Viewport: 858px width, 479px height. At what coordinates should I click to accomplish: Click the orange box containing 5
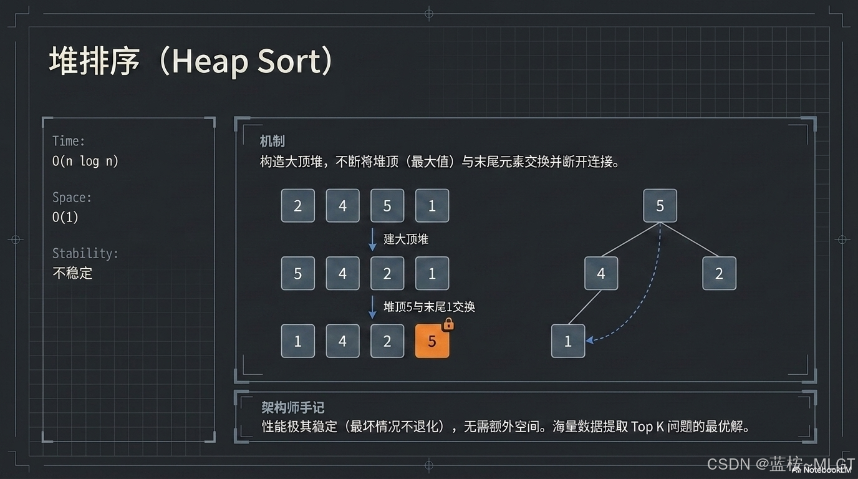[431, 341]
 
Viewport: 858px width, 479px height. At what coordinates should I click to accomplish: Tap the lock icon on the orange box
[448, 324]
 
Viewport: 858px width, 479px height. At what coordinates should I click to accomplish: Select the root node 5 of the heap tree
[660, 206]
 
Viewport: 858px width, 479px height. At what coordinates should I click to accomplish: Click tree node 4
[600, 273]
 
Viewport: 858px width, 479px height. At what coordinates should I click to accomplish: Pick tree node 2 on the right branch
[719, 273]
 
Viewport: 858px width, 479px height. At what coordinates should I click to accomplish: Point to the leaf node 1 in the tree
[567, 341]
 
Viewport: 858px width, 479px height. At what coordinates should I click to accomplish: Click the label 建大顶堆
[406, 239]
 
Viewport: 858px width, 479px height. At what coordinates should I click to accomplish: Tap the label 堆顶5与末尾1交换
[429, 307]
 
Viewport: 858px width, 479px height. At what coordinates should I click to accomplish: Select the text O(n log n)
[85, 161]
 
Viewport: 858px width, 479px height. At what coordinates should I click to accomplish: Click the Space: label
[72, 197]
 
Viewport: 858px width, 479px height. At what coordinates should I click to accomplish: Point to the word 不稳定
[72, 273]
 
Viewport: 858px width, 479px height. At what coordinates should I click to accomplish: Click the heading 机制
[272, 141]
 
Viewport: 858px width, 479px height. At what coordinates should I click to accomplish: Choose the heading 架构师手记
[292, 407]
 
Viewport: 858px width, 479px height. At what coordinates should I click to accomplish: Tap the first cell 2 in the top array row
[297, 206]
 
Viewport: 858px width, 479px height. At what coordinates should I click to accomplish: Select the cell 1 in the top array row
[431, 206]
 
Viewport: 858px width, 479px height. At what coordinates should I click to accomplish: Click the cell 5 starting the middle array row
[297, 273]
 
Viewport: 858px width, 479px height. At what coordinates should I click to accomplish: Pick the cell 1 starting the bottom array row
[297, 341]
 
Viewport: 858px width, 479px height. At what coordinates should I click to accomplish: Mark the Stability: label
[85, 253]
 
